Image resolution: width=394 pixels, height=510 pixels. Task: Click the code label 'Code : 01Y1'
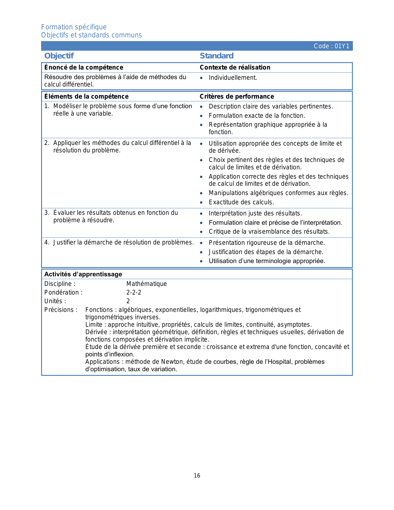pos(331,46)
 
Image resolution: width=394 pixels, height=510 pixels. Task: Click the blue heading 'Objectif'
pos(59,56)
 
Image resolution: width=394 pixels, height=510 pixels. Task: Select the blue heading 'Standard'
pos(216,56)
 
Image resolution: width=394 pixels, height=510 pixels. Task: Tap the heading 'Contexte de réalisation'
pos(235,67)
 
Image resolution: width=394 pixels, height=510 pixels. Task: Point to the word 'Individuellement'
pos(232,78)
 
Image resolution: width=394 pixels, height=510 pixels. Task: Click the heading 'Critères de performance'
pos(237,96)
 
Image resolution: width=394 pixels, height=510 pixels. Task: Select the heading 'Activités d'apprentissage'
pos(83,274)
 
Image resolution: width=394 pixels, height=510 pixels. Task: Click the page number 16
pos(197,476)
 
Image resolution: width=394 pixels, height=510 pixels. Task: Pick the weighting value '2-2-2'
pos(134,292)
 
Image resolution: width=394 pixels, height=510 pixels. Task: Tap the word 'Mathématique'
pos(146,284)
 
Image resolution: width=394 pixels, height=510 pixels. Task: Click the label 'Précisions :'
pos(61,310)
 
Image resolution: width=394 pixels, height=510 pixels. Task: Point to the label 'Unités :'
pos(55,301)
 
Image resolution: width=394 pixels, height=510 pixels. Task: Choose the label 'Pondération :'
pos(63,292)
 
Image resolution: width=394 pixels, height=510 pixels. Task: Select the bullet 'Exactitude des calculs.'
pos(241,202)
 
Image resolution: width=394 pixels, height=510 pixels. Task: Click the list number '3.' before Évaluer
pos(47,213)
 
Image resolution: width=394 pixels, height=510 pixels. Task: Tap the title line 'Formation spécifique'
pos(74,27)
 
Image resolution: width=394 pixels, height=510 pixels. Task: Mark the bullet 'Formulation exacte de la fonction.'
pos(257,116)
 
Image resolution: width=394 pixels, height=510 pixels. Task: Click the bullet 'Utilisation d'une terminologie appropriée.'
pos(267,261)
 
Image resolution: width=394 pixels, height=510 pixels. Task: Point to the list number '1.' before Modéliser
pos(47,106)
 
